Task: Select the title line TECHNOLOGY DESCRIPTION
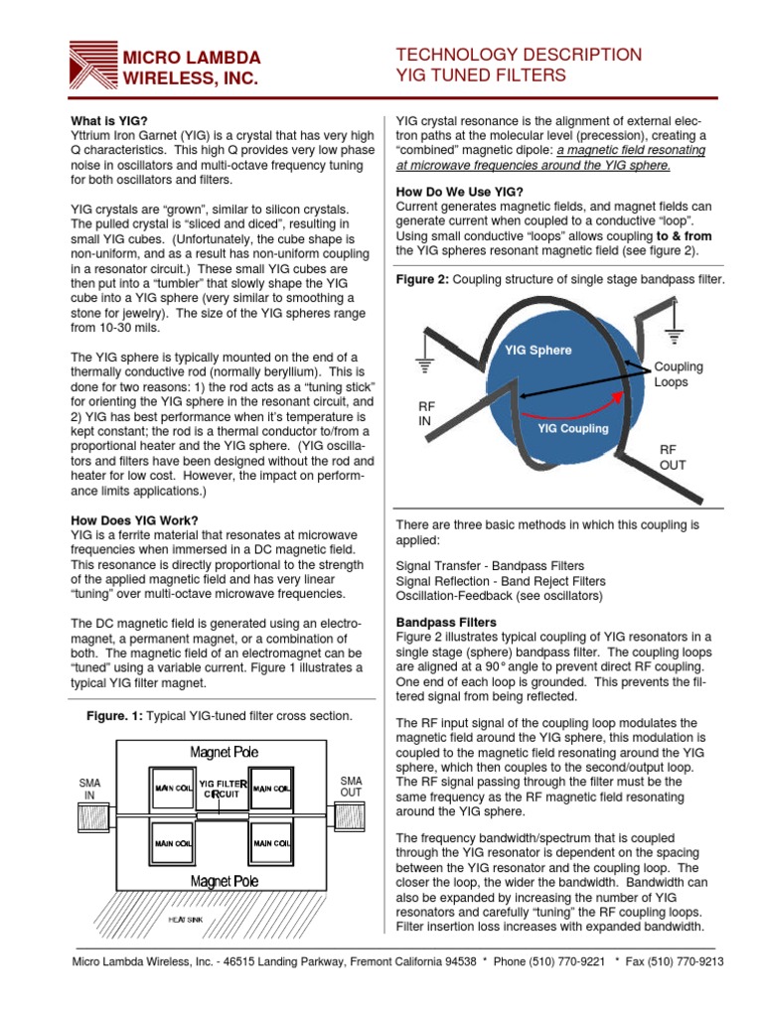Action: (519, 55)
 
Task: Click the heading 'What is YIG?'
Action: (109, 119)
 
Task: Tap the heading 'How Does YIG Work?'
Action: (134, 520)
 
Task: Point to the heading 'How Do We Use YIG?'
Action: (459, 192)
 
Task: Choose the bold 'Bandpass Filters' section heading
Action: (448, 622)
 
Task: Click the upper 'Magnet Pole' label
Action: (224, 752)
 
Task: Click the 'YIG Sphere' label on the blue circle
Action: (537, 350)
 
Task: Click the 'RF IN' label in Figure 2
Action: (427, 413)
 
